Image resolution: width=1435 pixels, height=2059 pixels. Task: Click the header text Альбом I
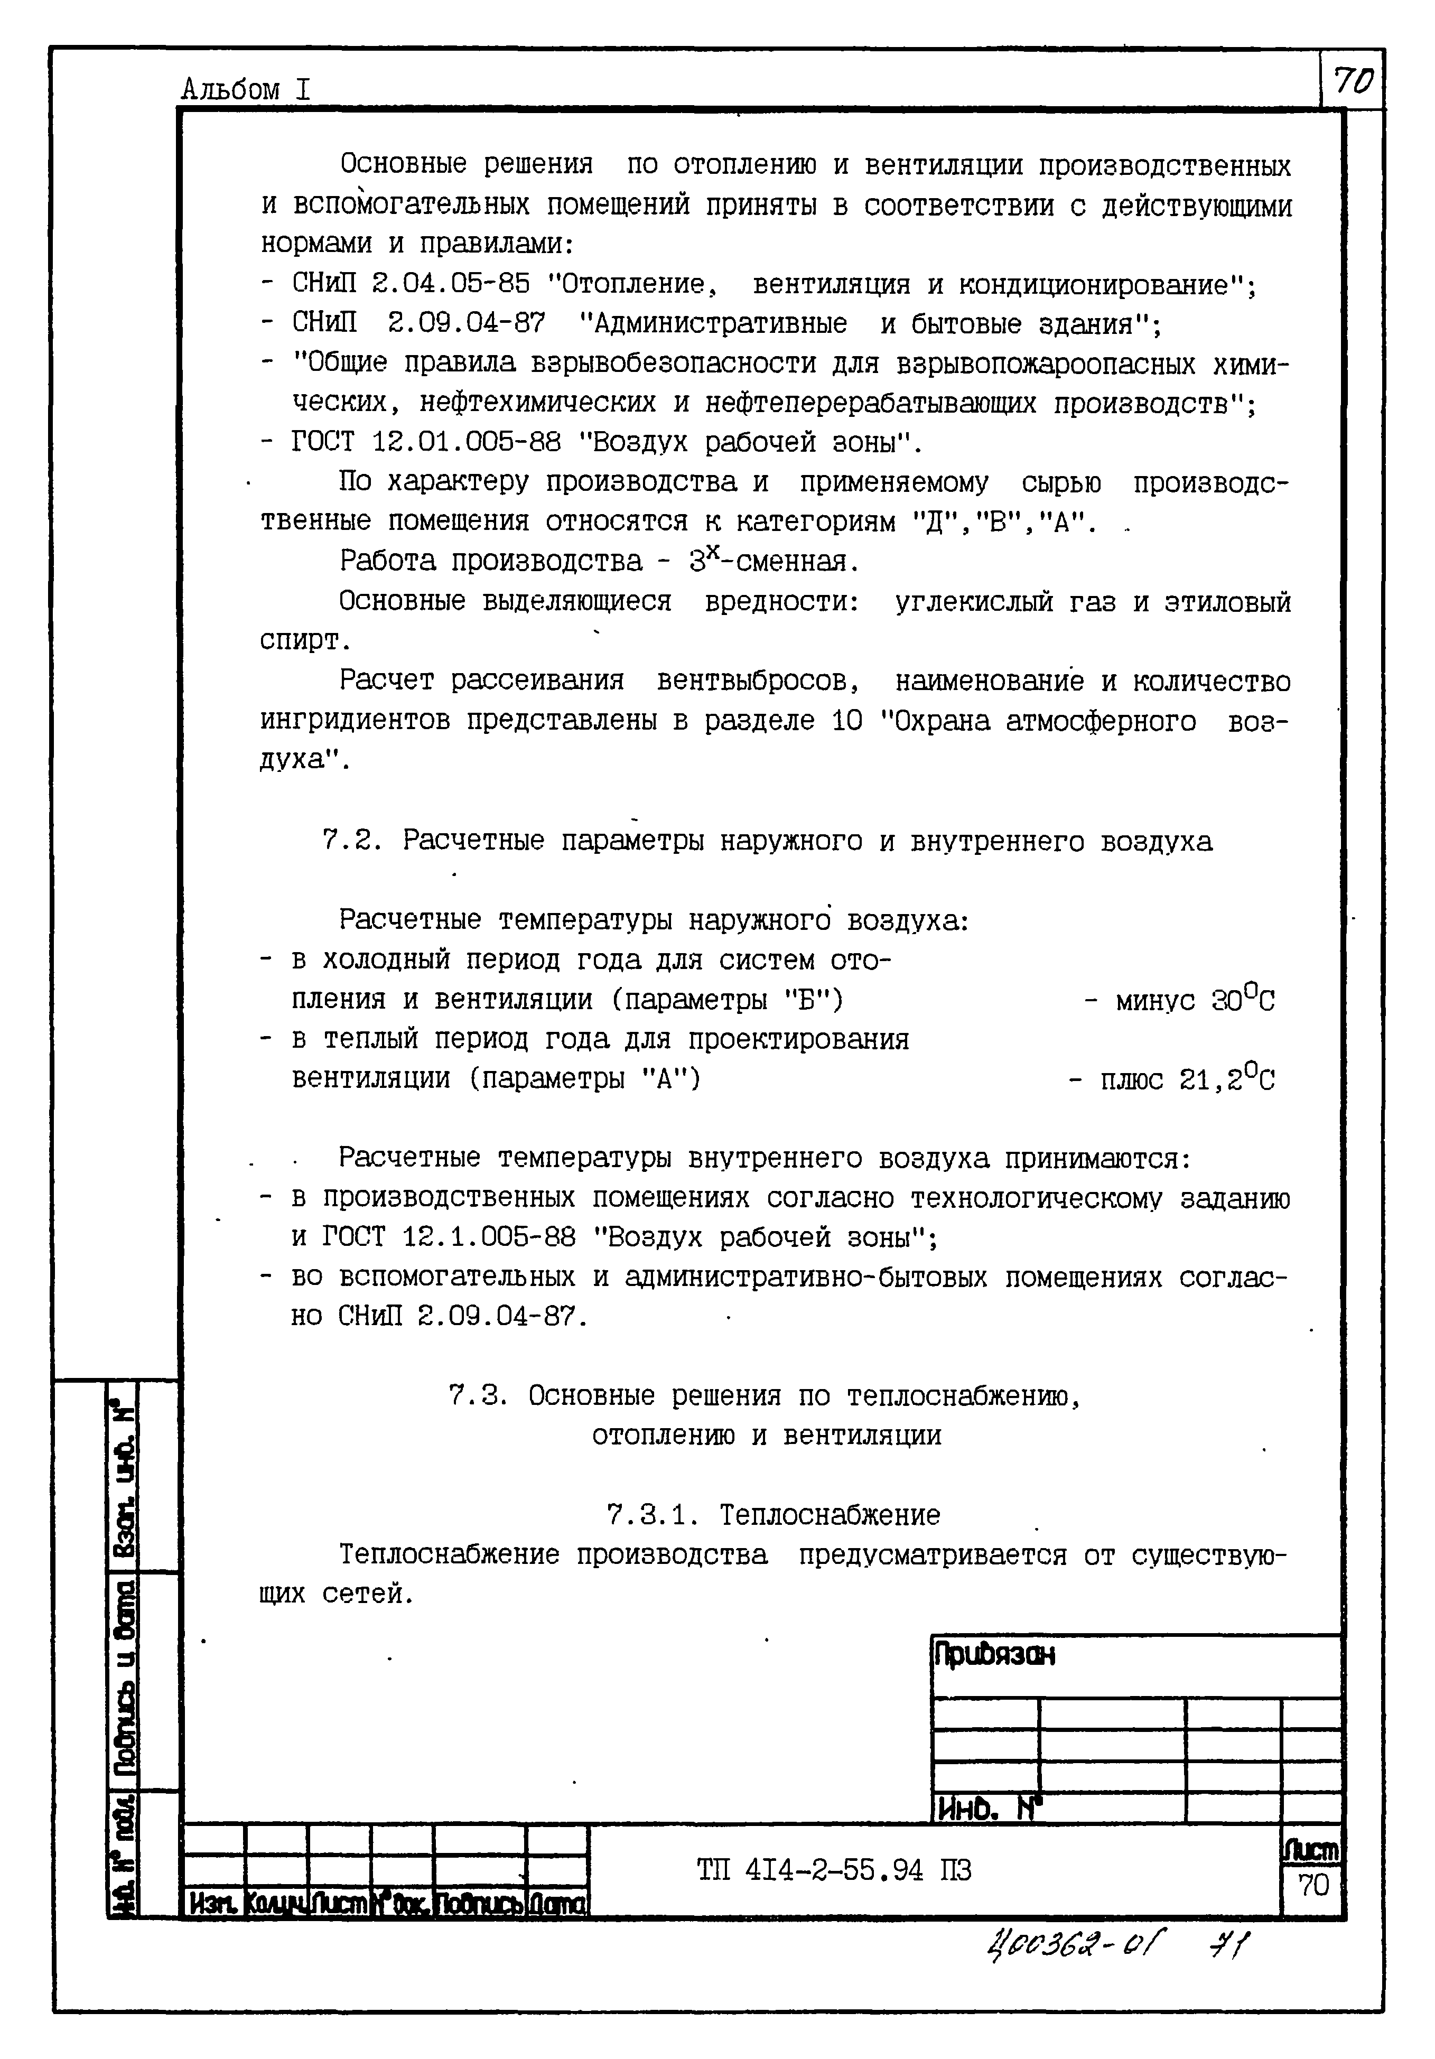click(246, 90)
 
